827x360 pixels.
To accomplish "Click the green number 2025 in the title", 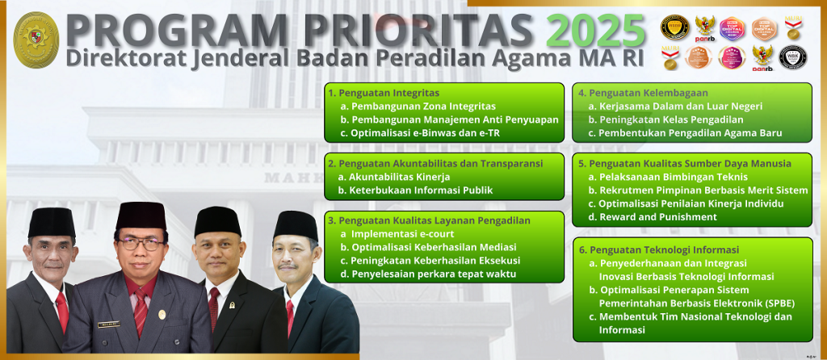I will [595, 31].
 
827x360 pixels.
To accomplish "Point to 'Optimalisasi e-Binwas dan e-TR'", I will [414, 133].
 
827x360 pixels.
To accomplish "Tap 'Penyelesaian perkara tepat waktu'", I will [428, 274].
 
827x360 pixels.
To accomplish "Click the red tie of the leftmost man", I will [61, 310].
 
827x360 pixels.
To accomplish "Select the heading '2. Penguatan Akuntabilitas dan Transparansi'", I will [435, 163].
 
